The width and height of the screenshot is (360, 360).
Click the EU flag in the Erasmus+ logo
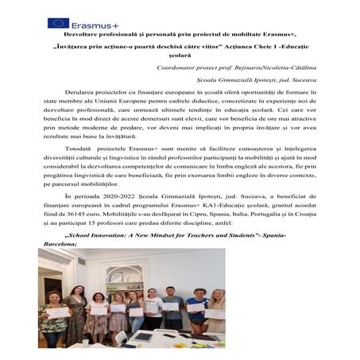click(58, 23)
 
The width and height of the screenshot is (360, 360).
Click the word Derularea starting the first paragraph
click(91, 92)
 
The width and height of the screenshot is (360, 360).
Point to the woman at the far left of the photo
click(54, 318)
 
